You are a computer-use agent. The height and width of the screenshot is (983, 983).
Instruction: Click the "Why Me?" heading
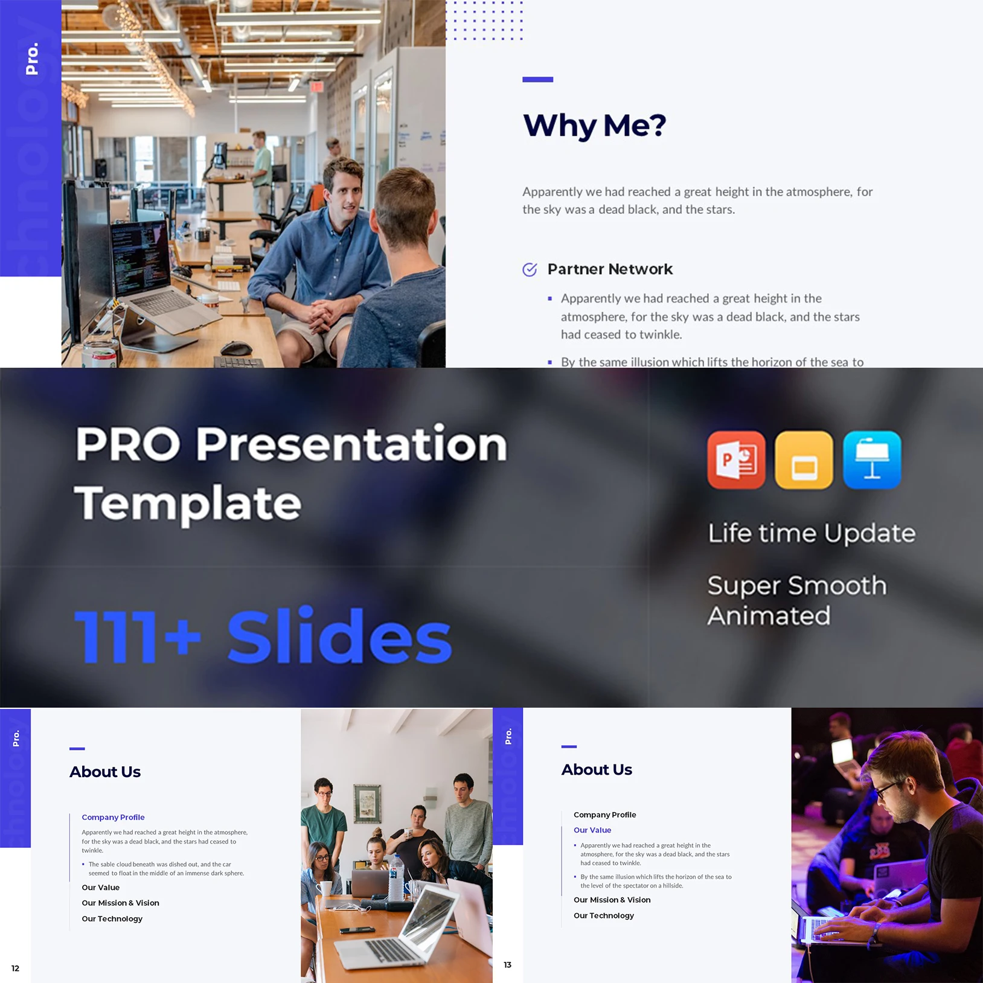pyautogui.click(x=595, y=126)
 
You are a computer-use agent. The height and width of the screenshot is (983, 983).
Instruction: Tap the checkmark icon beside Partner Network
pyautogui.click(x=530, y=269)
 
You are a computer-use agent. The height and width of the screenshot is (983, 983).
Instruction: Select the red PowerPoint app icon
pyautogui.click(x=736, y=460)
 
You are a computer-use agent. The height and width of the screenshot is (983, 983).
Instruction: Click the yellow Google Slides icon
pyautogui.click(x=804, y=460)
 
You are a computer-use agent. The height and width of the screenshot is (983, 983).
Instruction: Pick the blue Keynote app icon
pyautogui.click(x=872, y=460)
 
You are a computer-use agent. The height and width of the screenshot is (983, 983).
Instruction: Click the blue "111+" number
pyautogui.click(x=138, y=636)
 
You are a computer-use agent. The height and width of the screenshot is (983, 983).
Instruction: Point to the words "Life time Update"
pyautogui.click(x=812, y=533)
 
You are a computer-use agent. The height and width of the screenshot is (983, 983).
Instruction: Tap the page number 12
pyautogui.click(x=15, y=969)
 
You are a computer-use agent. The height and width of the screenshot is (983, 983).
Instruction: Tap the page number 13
pyautogui.click(x=507, y=965)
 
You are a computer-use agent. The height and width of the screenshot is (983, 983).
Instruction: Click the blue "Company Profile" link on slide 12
pyautogui.click(x=113, y=817)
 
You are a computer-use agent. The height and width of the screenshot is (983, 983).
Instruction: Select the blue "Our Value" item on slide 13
pyautogui.click(x=592, y=830)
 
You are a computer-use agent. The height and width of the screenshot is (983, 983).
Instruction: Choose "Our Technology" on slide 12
pyautogui.click(x=112, y=919)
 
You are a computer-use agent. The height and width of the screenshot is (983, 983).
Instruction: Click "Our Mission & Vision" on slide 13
pyautogui.click(x=612, y=900)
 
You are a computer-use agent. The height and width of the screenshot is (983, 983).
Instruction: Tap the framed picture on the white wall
pyautogui.click(x=367, y=803)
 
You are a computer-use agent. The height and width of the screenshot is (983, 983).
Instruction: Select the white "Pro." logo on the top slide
pyautogui.click(x=32, y=59)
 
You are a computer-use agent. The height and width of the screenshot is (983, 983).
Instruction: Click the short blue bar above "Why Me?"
pyautogui.click(x=537, y=79)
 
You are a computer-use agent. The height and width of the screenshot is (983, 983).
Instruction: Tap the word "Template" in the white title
pyautogui.click(x=188, y=504)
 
